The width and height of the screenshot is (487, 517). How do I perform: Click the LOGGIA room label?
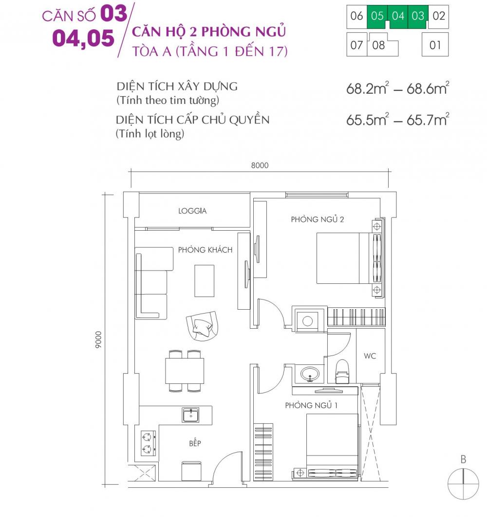(192, 211)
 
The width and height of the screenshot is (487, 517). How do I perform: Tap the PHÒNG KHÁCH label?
(205, 250)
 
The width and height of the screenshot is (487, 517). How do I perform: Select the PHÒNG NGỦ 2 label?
(318, 219)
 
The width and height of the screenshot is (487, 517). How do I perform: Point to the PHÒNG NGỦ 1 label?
(312, 405)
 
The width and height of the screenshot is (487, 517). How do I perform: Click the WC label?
(370, 356)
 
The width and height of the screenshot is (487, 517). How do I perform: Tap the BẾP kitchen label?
(195, 443)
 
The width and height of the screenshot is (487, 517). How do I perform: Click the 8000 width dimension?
(260, 165)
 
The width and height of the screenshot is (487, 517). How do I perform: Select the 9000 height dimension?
(98, 339)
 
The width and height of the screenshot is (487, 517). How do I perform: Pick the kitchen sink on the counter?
(190, 415)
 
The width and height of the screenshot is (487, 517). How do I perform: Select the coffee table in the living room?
(204, 280)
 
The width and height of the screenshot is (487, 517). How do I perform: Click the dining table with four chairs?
(185, 371)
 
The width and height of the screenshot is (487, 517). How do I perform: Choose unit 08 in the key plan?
(378, 46)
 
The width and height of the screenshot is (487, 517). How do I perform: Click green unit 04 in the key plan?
(398, 16)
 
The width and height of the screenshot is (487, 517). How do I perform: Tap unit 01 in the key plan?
(435, 46)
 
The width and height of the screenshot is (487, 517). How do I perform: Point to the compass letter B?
(463, 459)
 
